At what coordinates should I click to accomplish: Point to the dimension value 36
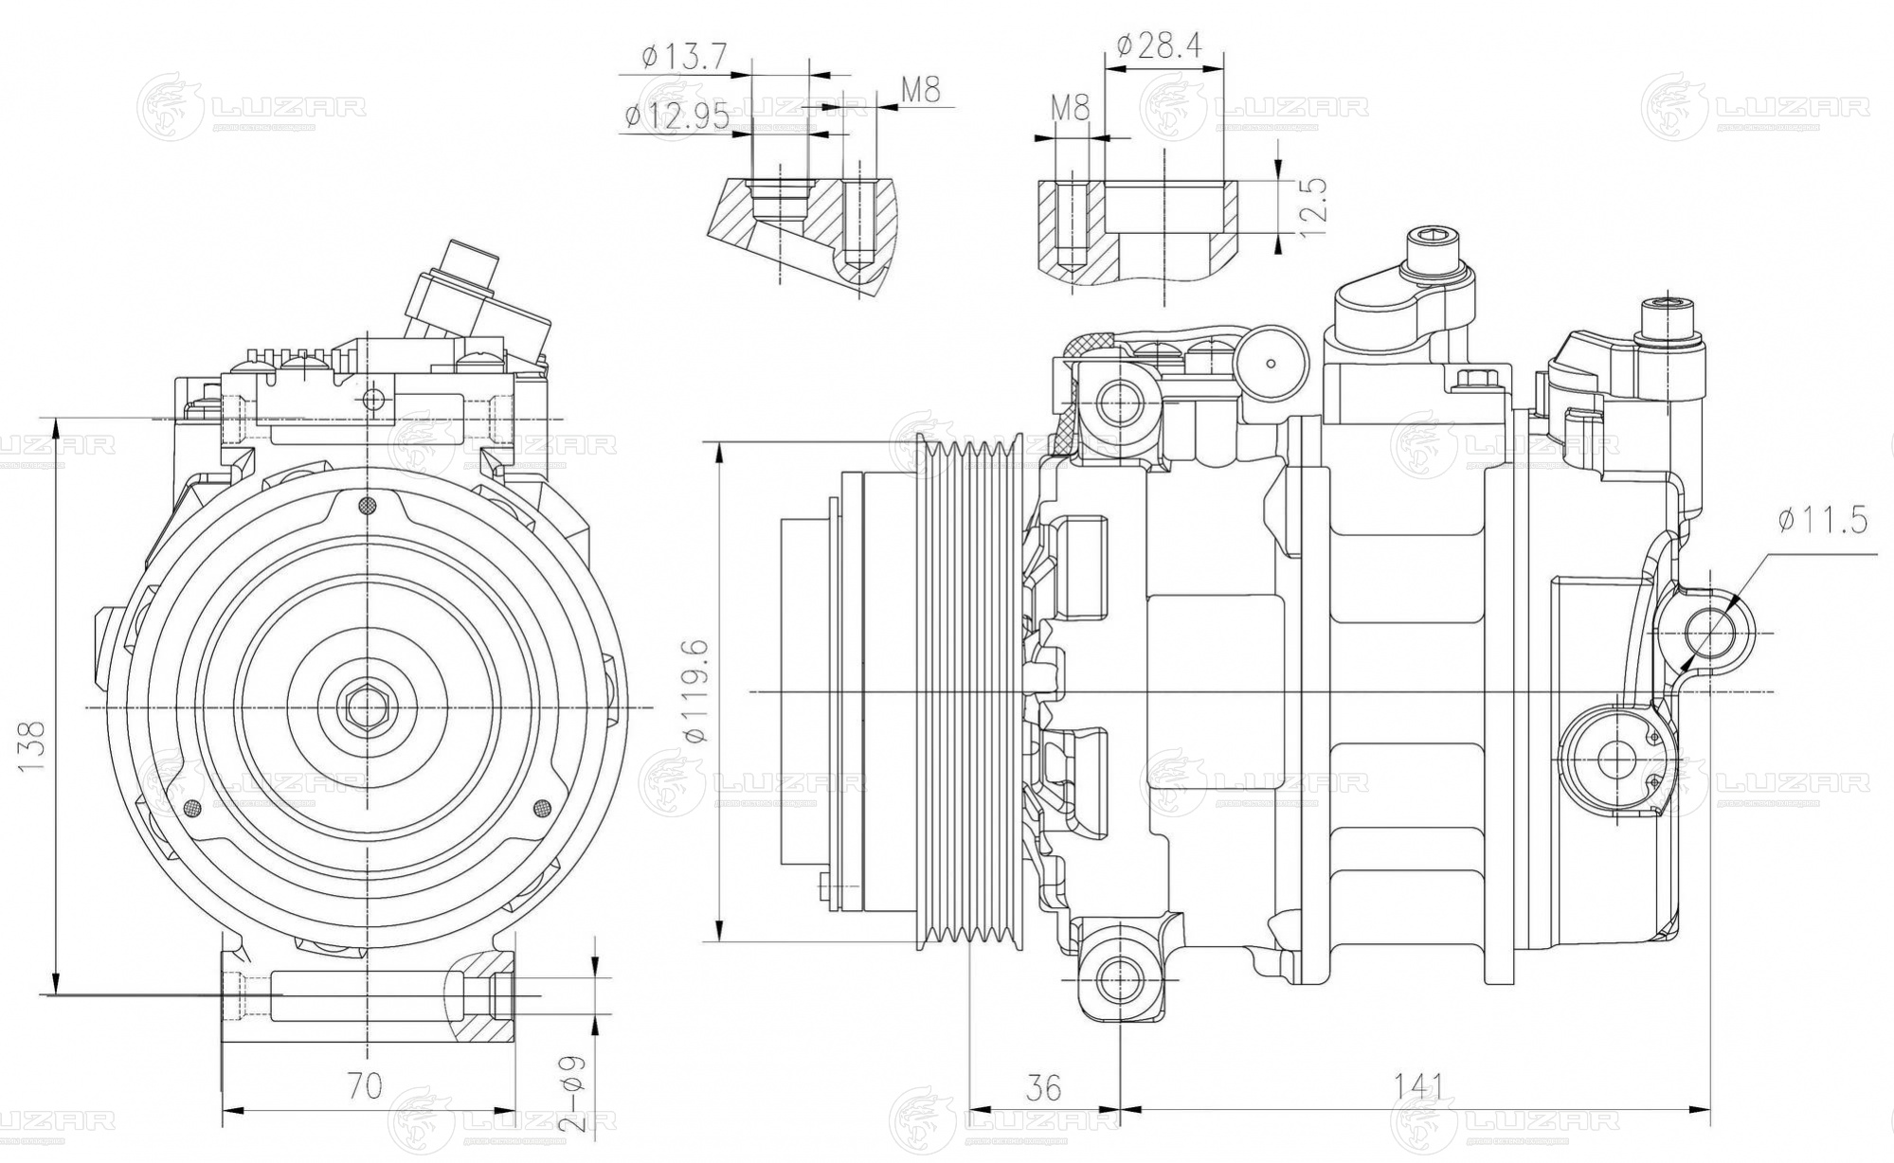coord(1044,1086)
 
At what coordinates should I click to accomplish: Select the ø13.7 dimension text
coord(683,57)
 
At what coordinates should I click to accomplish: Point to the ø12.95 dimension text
coord(676,116)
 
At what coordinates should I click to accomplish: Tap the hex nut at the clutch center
coord(366,707)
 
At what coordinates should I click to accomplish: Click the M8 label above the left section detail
coord(920,91)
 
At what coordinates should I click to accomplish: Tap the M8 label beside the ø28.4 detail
coord(1071,107)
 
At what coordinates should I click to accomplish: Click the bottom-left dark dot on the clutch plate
coord(192,808)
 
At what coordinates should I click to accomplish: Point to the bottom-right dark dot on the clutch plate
coord(542,808)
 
